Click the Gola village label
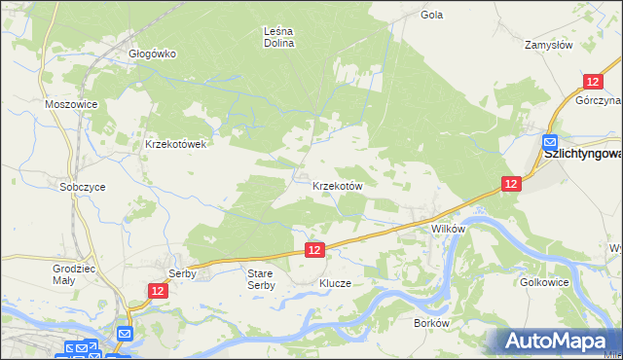[x=431, y=15]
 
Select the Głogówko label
[x=152, y=54]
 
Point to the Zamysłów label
[x=547, y=45]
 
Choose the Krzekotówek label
[x=176, y=143]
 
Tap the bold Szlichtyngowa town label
[x=583, y=154]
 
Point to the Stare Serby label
[x=261, y=279]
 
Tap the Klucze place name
[x=334, y=283]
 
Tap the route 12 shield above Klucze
[x=313, y=251]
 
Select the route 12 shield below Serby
[x=159, y=291]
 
